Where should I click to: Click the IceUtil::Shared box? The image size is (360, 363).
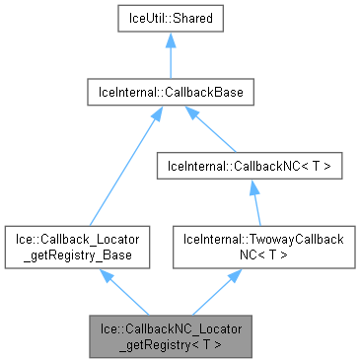(x=171, y=19)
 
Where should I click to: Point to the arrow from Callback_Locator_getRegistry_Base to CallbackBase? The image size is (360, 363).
(x=119, y=168)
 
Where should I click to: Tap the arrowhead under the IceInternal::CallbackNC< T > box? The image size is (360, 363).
(x=252, y=188)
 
